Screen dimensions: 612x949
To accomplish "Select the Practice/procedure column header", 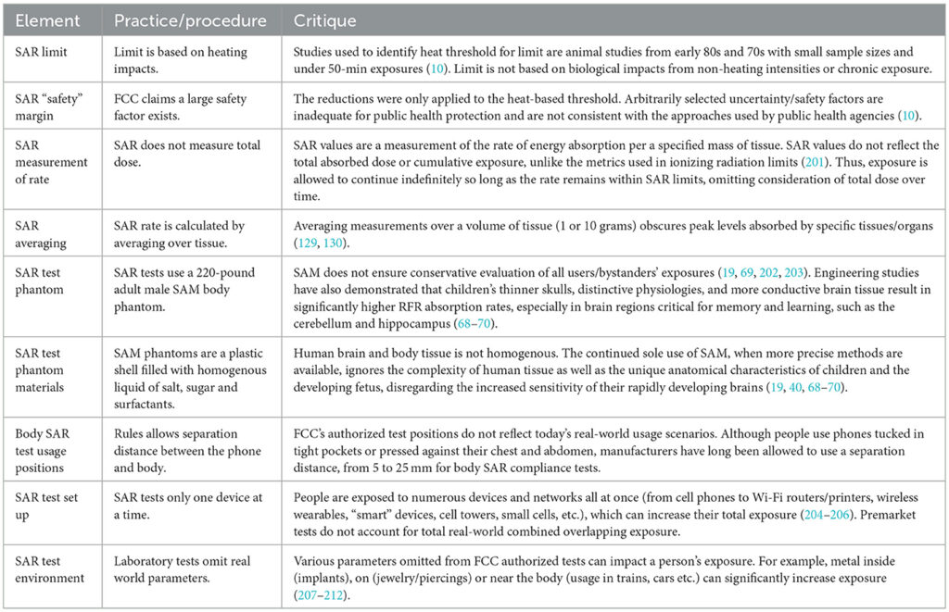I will coord(190,19).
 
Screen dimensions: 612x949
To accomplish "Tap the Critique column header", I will coord(324,19).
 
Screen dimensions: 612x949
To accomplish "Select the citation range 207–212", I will coord(323,593).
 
